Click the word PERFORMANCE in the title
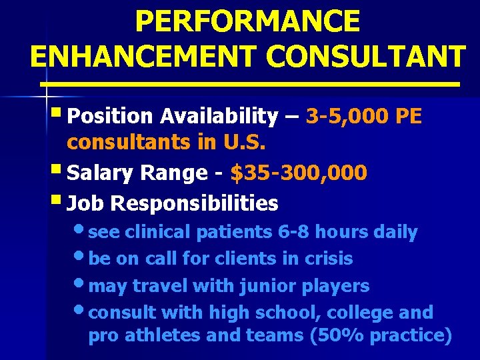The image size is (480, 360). [247, 21]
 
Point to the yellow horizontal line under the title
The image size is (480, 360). [250, 85]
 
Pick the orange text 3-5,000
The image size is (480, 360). [348, 117]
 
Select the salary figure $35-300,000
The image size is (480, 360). [298, 173]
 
